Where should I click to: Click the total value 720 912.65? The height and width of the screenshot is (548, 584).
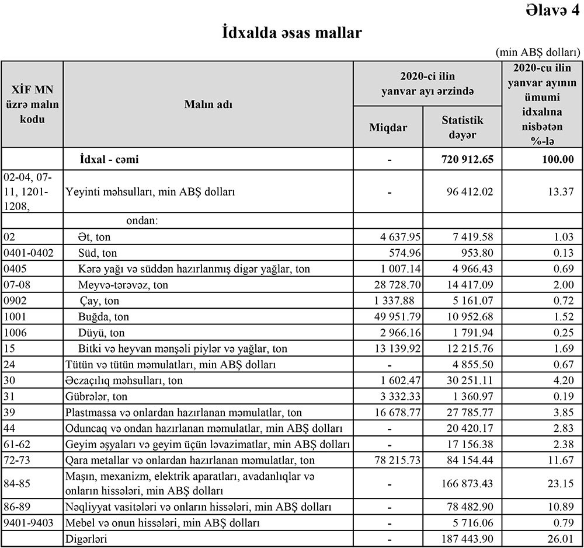tap(468, 159)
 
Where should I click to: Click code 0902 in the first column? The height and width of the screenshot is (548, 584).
tap(15, 301)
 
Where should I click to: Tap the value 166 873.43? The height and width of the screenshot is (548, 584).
tap(468, 483)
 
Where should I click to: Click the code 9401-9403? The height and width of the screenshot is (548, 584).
tap(29, 523)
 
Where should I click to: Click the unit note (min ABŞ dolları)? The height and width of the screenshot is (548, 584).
tap(537, 52)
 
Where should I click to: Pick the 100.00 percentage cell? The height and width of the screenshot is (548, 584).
tap(558, 159)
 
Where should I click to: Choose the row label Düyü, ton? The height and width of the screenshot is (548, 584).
tap(102, 333)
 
